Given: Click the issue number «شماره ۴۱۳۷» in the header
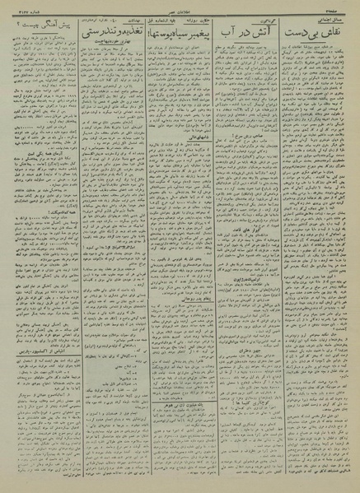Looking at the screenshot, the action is tap(25, 7).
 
